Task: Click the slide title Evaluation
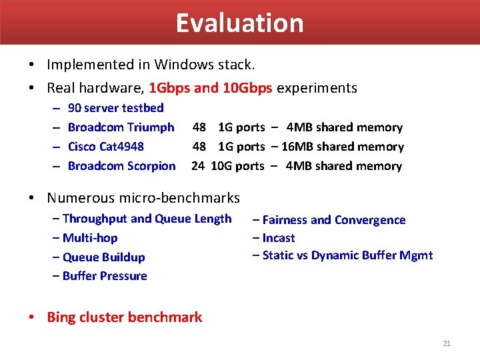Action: point(239,23)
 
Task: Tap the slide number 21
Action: point(447,343)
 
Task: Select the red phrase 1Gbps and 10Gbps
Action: point(211,88)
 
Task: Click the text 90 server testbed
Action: point(115,108)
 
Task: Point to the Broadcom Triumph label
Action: point(121,127)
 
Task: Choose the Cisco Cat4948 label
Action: point(106,147)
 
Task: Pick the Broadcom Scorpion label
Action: point(121,166)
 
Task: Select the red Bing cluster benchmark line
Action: point(124,317)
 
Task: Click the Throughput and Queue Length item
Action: point(147,219)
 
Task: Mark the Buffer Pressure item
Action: point(104,276)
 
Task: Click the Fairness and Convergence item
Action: point(333,220)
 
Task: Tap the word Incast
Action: point(278,238)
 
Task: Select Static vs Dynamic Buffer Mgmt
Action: point(347,255)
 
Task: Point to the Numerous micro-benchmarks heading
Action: point(143,197)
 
